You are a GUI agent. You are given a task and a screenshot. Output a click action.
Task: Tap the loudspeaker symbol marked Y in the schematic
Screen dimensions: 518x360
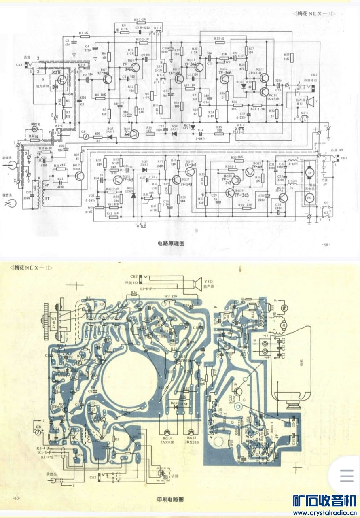[x=307, y=100]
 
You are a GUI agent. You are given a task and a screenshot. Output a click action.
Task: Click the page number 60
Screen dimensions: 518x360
[x=17, y=497]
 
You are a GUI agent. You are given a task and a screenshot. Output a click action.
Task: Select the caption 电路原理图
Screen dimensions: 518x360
[x=171, y=244]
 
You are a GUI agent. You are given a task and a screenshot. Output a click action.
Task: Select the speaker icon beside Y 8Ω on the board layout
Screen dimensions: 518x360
[x=197, y=283]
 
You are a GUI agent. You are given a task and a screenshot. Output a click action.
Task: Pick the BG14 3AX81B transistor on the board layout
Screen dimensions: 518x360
[x=167, y=433]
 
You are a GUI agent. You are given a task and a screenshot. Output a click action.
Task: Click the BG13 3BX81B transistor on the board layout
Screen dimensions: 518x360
[x=191, y=433]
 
